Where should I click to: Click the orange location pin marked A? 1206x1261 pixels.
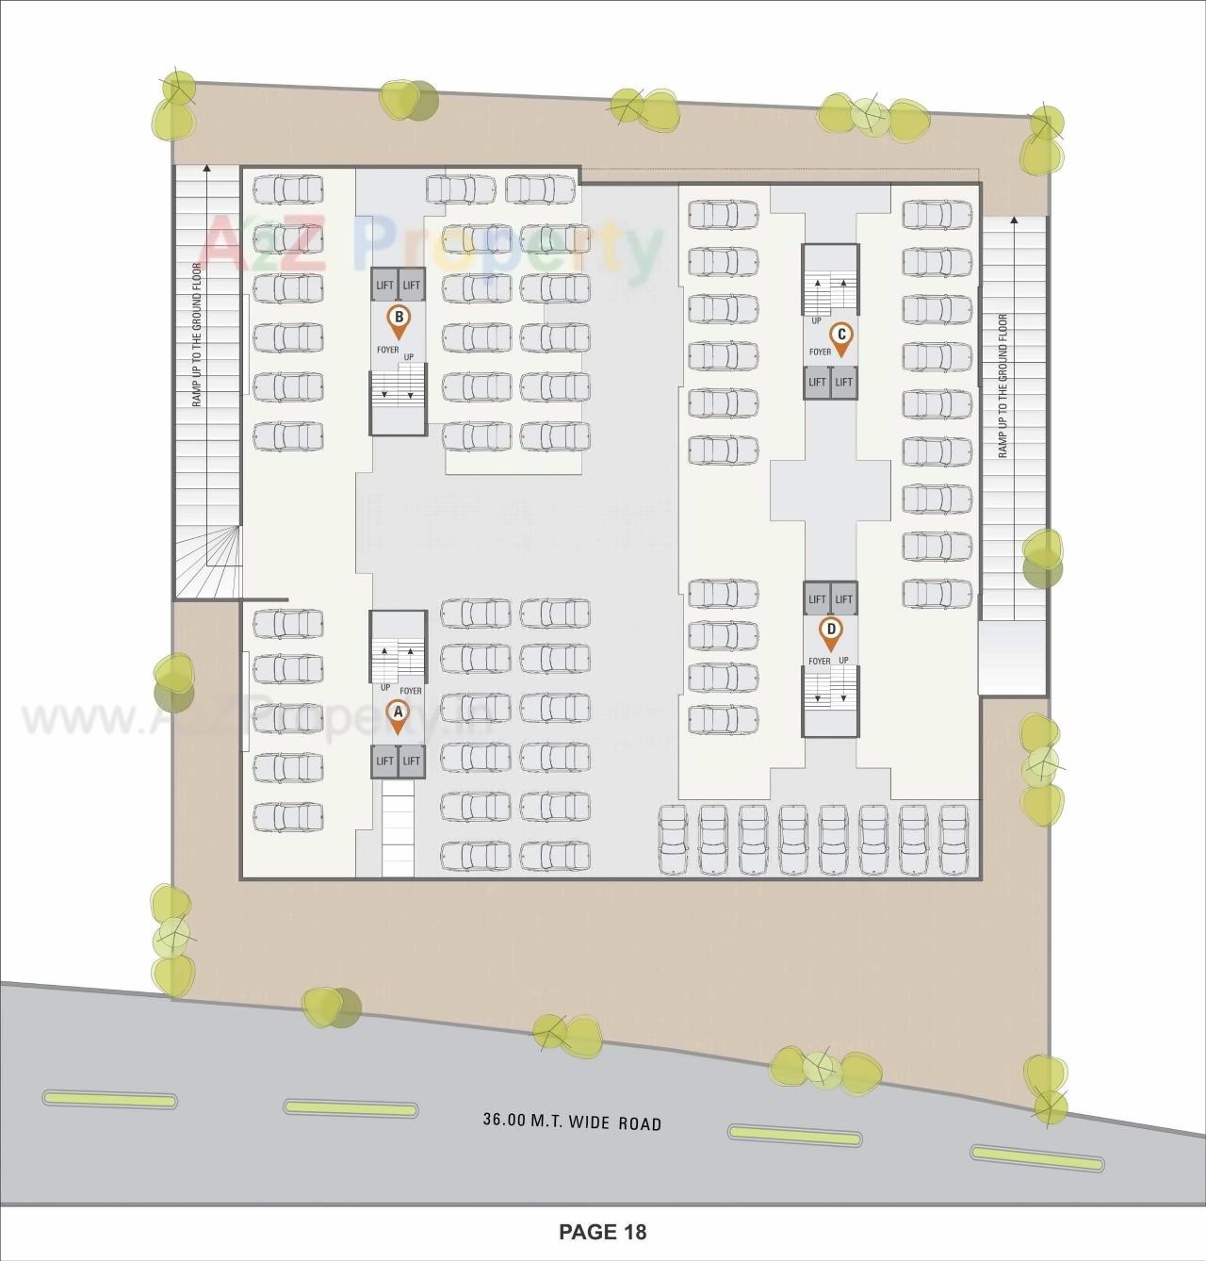398,716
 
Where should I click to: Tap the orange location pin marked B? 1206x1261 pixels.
399,320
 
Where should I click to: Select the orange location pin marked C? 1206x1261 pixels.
840,337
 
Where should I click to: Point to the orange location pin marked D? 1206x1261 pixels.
830,632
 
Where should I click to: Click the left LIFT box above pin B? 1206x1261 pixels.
384,285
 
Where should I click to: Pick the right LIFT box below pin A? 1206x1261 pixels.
412,761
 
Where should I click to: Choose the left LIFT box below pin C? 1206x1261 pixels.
817,382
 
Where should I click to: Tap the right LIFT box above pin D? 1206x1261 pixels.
843,598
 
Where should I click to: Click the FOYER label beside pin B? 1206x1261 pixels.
387,350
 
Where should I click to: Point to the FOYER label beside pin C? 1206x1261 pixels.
820,352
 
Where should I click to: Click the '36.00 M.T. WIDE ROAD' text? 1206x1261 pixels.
572,1122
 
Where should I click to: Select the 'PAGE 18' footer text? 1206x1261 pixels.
602,1232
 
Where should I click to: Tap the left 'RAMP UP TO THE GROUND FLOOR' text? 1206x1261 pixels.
198,335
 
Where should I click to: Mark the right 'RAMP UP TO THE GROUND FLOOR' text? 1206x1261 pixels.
1002,386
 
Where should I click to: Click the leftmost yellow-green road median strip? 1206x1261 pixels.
110,1099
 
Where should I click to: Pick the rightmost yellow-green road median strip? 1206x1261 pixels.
1036,1158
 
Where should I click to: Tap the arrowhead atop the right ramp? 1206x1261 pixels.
1014,221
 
